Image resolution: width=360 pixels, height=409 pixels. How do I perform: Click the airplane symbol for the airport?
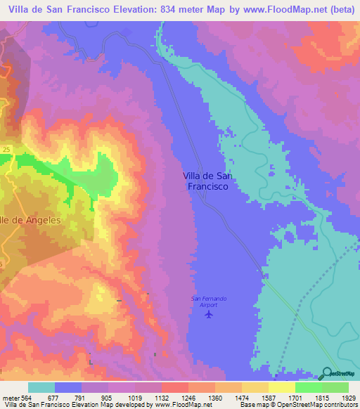click(208, 313)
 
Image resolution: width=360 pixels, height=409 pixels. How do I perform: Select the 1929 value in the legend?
click(347, 396)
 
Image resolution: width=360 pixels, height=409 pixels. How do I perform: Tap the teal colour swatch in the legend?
click(41, 387)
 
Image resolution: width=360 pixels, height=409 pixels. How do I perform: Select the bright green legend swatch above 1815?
click(308, 387)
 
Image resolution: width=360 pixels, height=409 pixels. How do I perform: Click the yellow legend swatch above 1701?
click(281, 387)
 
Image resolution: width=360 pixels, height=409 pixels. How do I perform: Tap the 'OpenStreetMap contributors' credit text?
click(320, 405)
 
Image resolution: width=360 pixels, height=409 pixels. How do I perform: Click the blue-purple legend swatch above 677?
click(68, 387)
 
